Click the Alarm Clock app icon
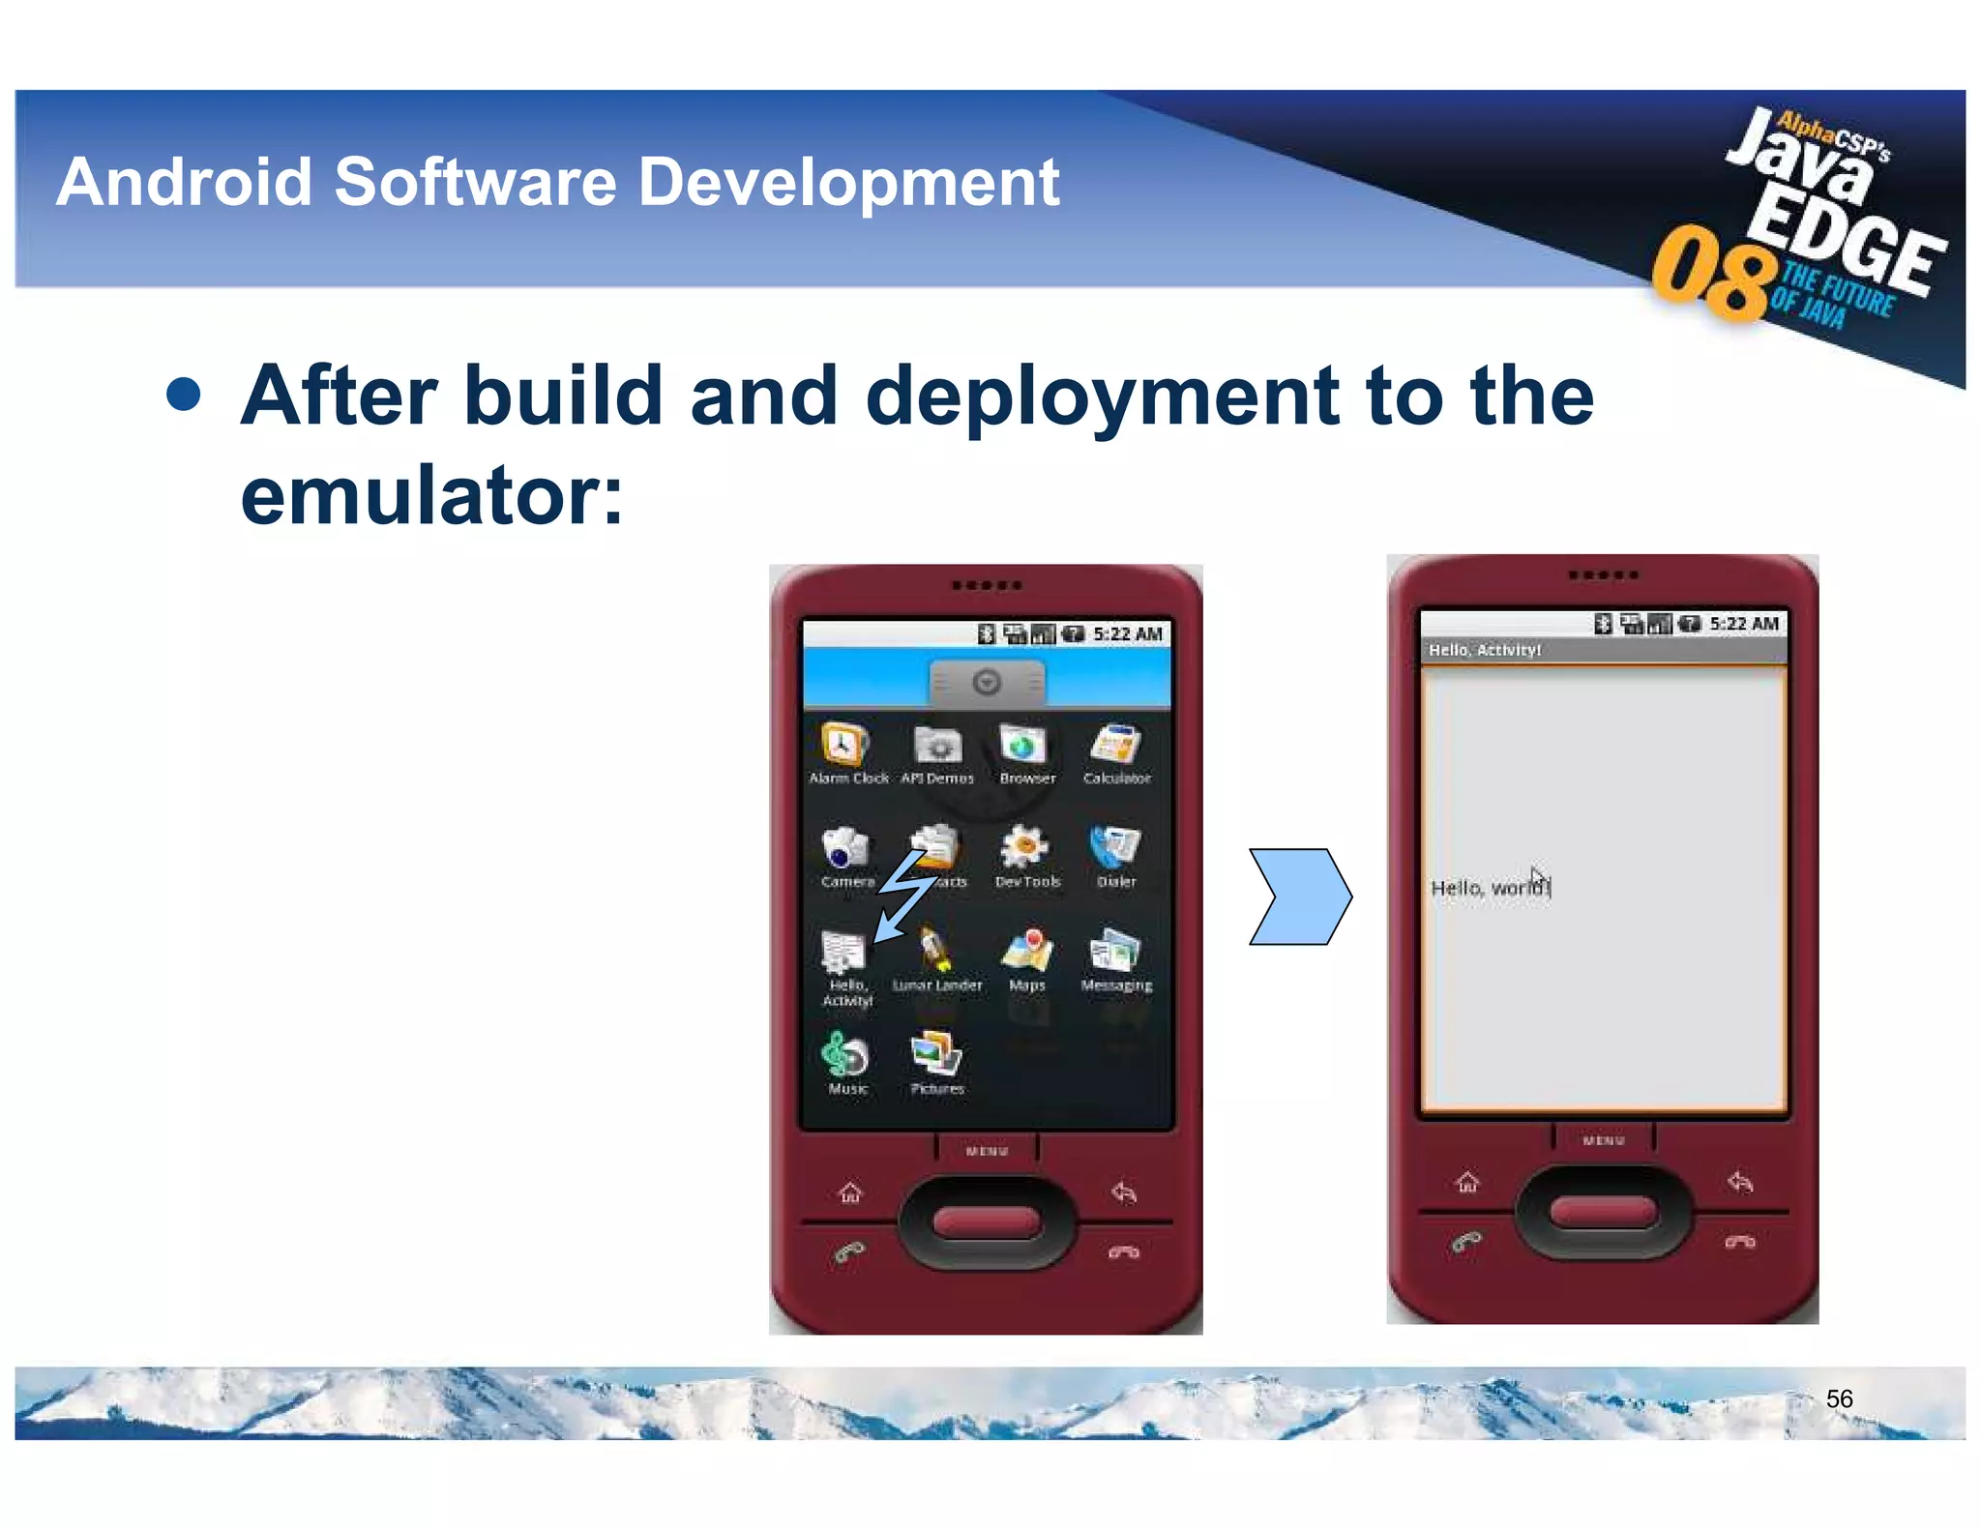(843, 746)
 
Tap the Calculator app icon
(1115, 746)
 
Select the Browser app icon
(1024, 746)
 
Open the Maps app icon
(1027, 951)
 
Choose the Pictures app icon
(936, 1053)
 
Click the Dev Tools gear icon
(1024, 848)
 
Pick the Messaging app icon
(1115, 951)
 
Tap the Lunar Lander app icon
(935, 951)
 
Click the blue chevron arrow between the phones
(1300, 897)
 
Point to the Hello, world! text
(1490, 888)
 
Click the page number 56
(1839, 1398)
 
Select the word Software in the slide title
(475, 182)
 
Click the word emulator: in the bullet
(431, 496)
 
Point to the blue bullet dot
(184, 395)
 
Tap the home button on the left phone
(850, 1192)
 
